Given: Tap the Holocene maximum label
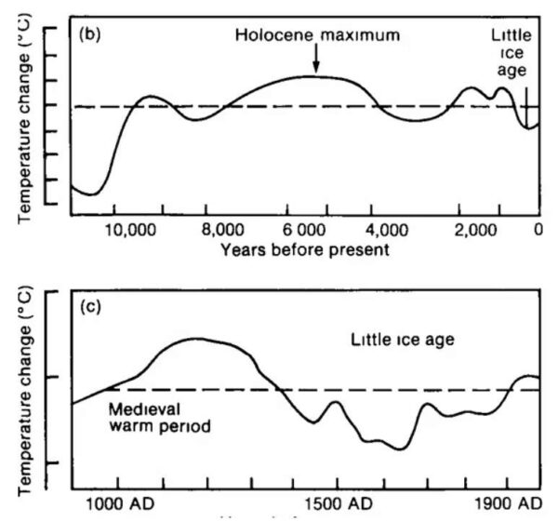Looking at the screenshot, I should (317, 35).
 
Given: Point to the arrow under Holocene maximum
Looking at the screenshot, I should (316, 60).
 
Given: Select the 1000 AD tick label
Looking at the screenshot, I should (118, 503).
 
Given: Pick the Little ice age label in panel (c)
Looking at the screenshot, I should (402, 340).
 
